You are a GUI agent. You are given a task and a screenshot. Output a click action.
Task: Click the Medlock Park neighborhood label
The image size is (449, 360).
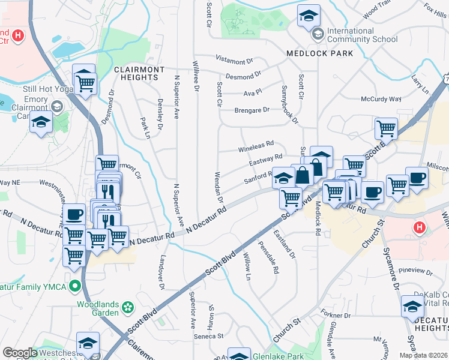click(x=319, y=53)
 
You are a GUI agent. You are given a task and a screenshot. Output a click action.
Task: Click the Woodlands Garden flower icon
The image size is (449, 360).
click(x=127, y=308)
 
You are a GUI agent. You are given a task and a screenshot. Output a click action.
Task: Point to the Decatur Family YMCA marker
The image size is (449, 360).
click(x=75, y=285)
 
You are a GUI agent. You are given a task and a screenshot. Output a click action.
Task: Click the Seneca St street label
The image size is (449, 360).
click(x=207, y=337)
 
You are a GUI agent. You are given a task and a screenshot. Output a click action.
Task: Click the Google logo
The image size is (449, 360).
click(x=20, y=353)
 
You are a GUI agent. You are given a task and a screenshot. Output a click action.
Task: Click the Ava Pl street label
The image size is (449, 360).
click(x=253, y=92)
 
